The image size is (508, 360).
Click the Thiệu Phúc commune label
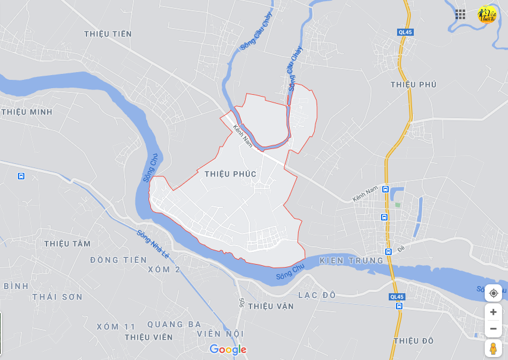(x=230, y=174)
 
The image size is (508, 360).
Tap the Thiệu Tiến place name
(x=108, y=34)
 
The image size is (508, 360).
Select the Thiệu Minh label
(x=27, y=112)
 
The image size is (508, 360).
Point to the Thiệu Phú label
(x=414, y=85)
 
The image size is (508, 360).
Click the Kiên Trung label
(x=351, y=261)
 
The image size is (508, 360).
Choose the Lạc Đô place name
(x=317, y=295)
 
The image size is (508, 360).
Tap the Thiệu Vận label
(x=271, y=306)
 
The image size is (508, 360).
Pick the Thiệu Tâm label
(x=67, y=244)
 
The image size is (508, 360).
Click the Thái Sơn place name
(x=57, y=297)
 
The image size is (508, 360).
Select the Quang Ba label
(x=174, y=325)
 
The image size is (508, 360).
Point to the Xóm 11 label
(x=116, y=327)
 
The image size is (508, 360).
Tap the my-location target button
(x=493, y=293)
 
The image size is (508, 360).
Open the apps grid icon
(x=460, y=14)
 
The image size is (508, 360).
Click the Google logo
(x=228, y=349)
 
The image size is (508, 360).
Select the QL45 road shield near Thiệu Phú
(x=405, y=32)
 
